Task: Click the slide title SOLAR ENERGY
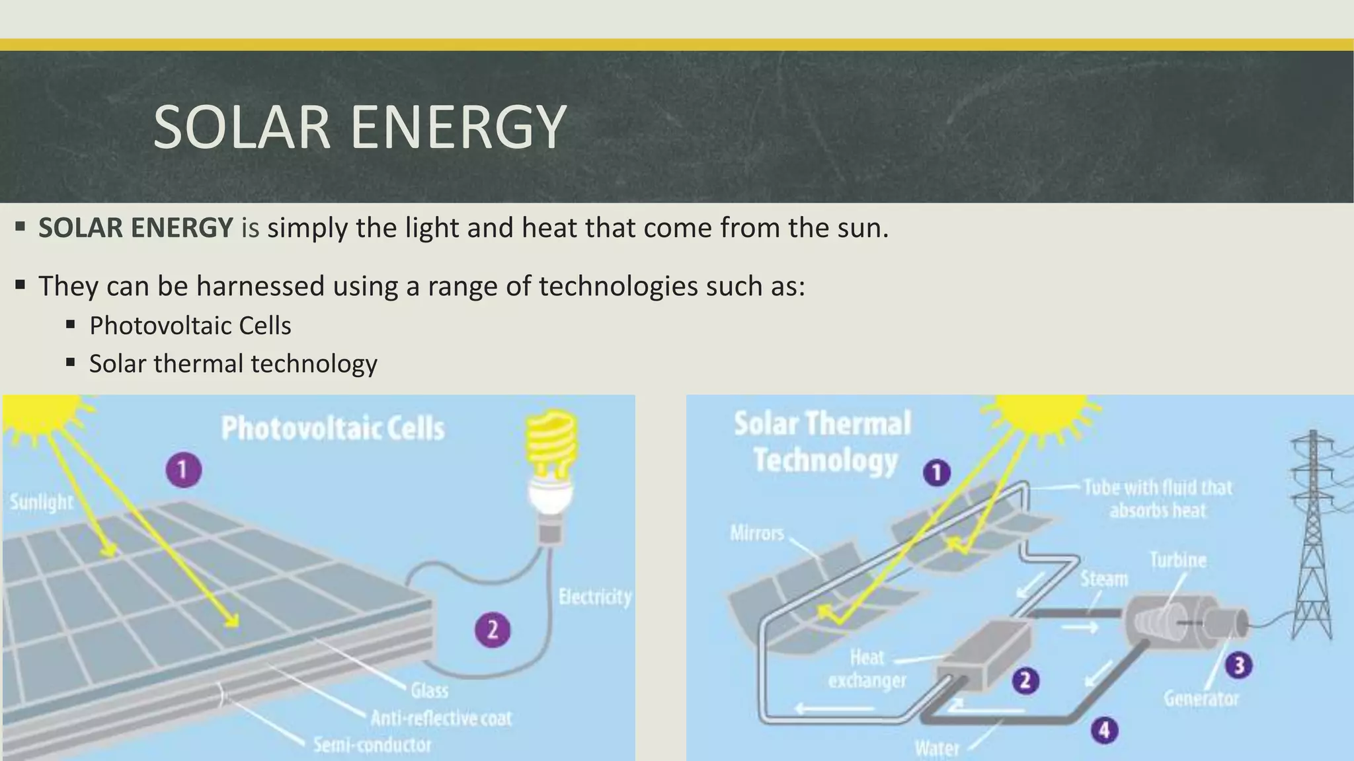click(x=359, y=127)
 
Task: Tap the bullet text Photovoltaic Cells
click(x=190, y=326)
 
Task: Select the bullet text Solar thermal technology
click(x=233, y=364)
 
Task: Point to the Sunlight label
click(x=41, y=502)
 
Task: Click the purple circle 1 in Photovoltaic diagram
click(x=183, y=470)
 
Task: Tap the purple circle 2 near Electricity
click(x=493, y=630)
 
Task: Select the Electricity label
click(x=594, y=597)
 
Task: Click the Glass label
click(x=429, y=691)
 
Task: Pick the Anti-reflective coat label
click(x=441, y=719)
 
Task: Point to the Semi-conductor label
click(x=372, y=745)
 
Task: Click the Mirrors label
click(x=756, y=533)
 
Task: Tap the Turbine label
click(x=1178, y=560)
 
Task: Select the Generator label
click(x=1201, y=698)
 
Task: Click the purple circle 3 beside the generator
click(x=1239, y=665)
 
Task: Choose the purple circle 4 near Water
click(x=1104, y=731)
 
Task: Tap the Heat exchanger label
click(x=867, y=669)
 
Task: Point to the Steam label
click(x=1103, y=579)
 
